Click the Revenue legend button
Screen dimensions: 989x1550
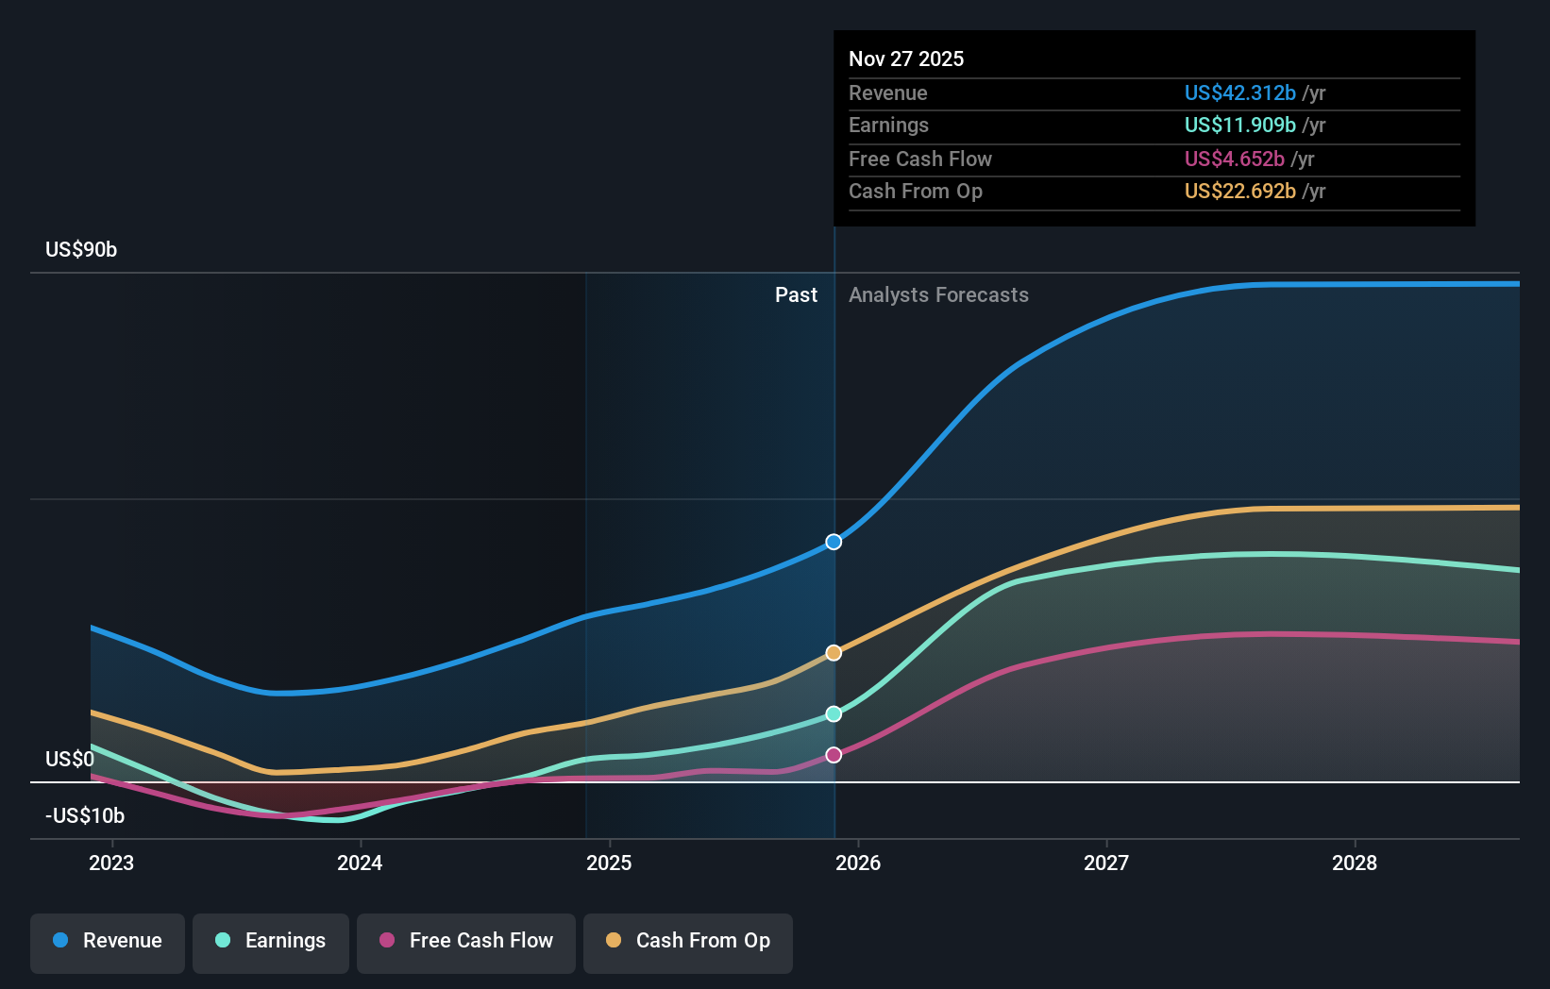tap(108, 942)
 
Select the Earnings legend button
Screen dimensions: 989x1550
tap(271, 942)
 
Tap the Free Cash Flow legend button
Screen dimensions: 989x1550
tap(466, 942)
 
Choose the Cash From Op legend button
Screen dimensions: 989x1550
tap(688, 942)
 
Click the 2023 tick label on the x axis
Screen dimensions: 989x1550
tap(111, 863)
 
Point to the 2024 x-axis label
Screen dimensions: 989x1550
tap(360, 863)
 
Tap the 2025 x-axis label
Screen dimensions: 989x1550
tap(609, 863)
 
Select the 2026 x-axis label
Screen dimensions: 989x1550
tap(858, 863)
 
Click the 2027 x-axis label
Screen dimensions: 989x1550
tap(1106, 863)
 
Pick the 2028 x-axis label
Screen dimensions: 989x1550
tap(1355, 863)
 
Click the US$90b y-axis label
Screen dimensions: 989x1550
tap(81, 250)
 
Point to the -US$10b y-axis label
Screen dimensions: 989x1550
tap(85, 815)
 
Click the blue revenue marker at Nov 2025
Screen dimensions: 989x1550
tap(834, 542)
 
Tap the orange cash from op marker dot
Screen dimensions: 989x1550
tap(834, 653)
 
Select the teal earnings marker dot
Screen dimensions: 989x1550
tap(834, 714)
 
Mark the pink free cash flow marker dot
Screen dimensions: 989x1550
tap(834, 755)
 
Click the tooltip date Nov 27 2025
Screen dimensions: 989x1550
tap(906, 59)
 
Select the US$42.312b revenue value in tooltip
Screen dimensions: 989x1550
tap(1239, 93)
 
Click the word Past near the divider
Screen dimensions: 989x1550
tap(796, 295)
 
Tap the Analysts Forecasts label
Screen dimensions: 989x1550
tap(938, 295)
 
